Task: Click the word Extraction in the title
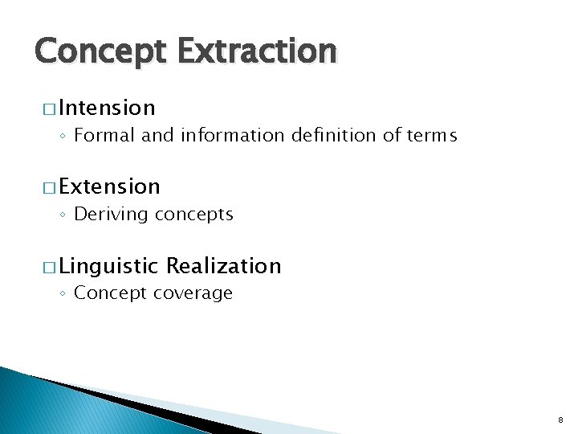tap(257, 52)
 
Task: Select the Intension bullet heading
tap(107, 108)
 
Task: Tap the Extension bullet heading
tap(109, 186)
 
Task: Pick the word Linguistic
tap(109, 266)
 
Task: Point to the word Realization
tap(224, 266)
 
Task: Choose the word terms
tap(430, 136)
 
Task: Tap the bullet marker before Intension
tap(50, 108)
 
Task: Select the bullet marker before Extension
tap(50, 187)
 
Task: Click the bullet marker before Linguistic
tap(50, 267)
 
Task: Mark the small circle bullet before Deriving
tap(63, 215)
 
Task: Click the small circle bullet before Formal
tap(63, 137)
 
